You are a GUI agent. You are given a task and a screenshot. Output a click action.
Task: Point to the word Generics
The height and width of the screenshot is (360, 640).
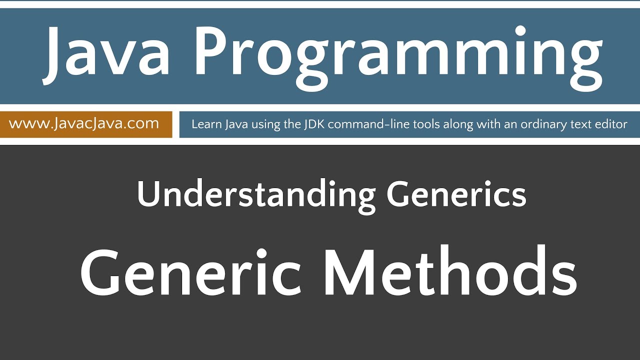click(456, 195)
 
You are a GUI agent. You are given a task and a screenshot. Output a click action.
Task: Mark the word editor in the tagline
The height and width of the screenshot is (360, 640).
click(611, 124)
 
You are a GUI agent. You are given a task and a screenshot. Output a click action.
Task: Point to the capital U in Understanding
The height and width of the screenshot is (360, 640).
click(146, 195)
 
